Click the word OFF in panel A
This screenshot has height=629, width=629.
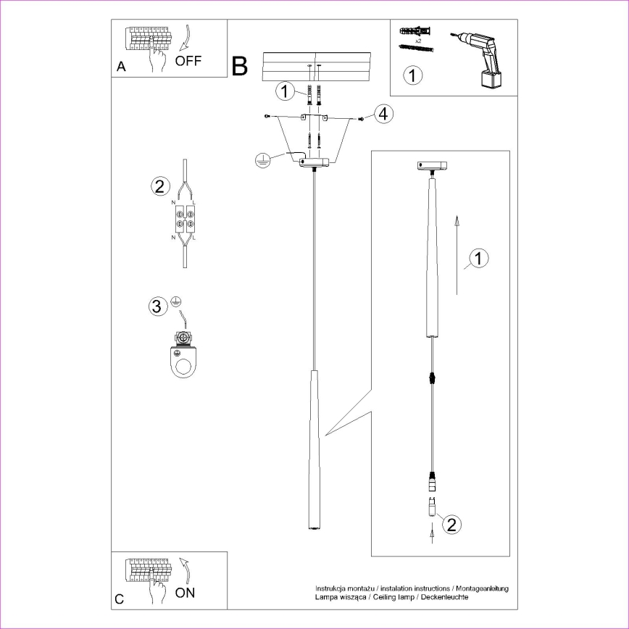click(188, 61)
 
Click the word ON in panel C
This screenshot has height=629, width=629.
click(186, 593)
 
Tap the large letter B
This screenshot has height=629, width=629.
click(240, 66)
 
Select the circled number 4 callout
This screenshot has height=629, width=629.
click(383, 114)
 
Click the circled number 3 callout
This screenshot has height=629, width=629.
click(157, 306)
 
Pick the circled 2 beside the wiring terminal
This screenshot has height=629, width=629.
click(160, 186)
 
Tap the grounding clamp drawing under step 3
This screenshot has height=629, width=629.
click(186, 355)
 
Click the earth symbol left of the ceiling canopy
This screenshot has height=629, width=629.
click(263, 160)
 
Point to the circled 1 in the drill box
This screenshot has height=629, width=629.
click(412, 75)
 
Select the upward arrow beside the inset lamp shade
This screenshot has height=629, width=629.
click(457, 254)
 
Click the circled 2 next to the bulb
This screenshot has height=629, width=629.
click(450, 524)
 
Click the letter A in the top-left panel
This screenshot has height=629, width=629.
click(121, 67)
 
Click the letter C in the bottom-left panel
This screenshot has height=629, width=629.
click(120, 600)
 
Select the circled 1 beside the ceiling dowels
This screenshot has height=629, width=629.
click(286, 91)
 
